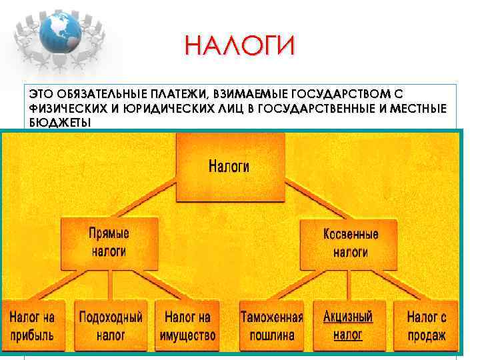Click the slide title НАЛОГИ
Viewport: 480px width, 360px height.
239,47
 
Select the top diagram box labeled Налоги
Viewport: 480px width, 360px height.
229,167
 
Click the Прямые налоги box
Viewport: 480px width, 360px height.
109,243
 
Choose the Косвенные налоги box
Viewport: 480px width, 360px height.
350,243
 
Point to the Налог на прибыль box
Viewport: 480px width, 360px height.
32,326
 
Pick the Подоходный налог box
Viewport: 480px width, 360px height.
111,326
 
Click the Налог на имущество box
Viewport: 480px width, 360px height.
187,326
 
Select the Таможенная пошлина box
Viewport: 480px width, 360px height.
271,326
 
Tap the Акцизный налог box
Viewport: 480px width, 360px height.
347,325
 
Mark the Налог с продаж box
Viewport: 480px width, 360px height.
426,326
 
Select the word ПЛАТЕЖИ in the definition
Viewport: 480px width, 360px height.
173,95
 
